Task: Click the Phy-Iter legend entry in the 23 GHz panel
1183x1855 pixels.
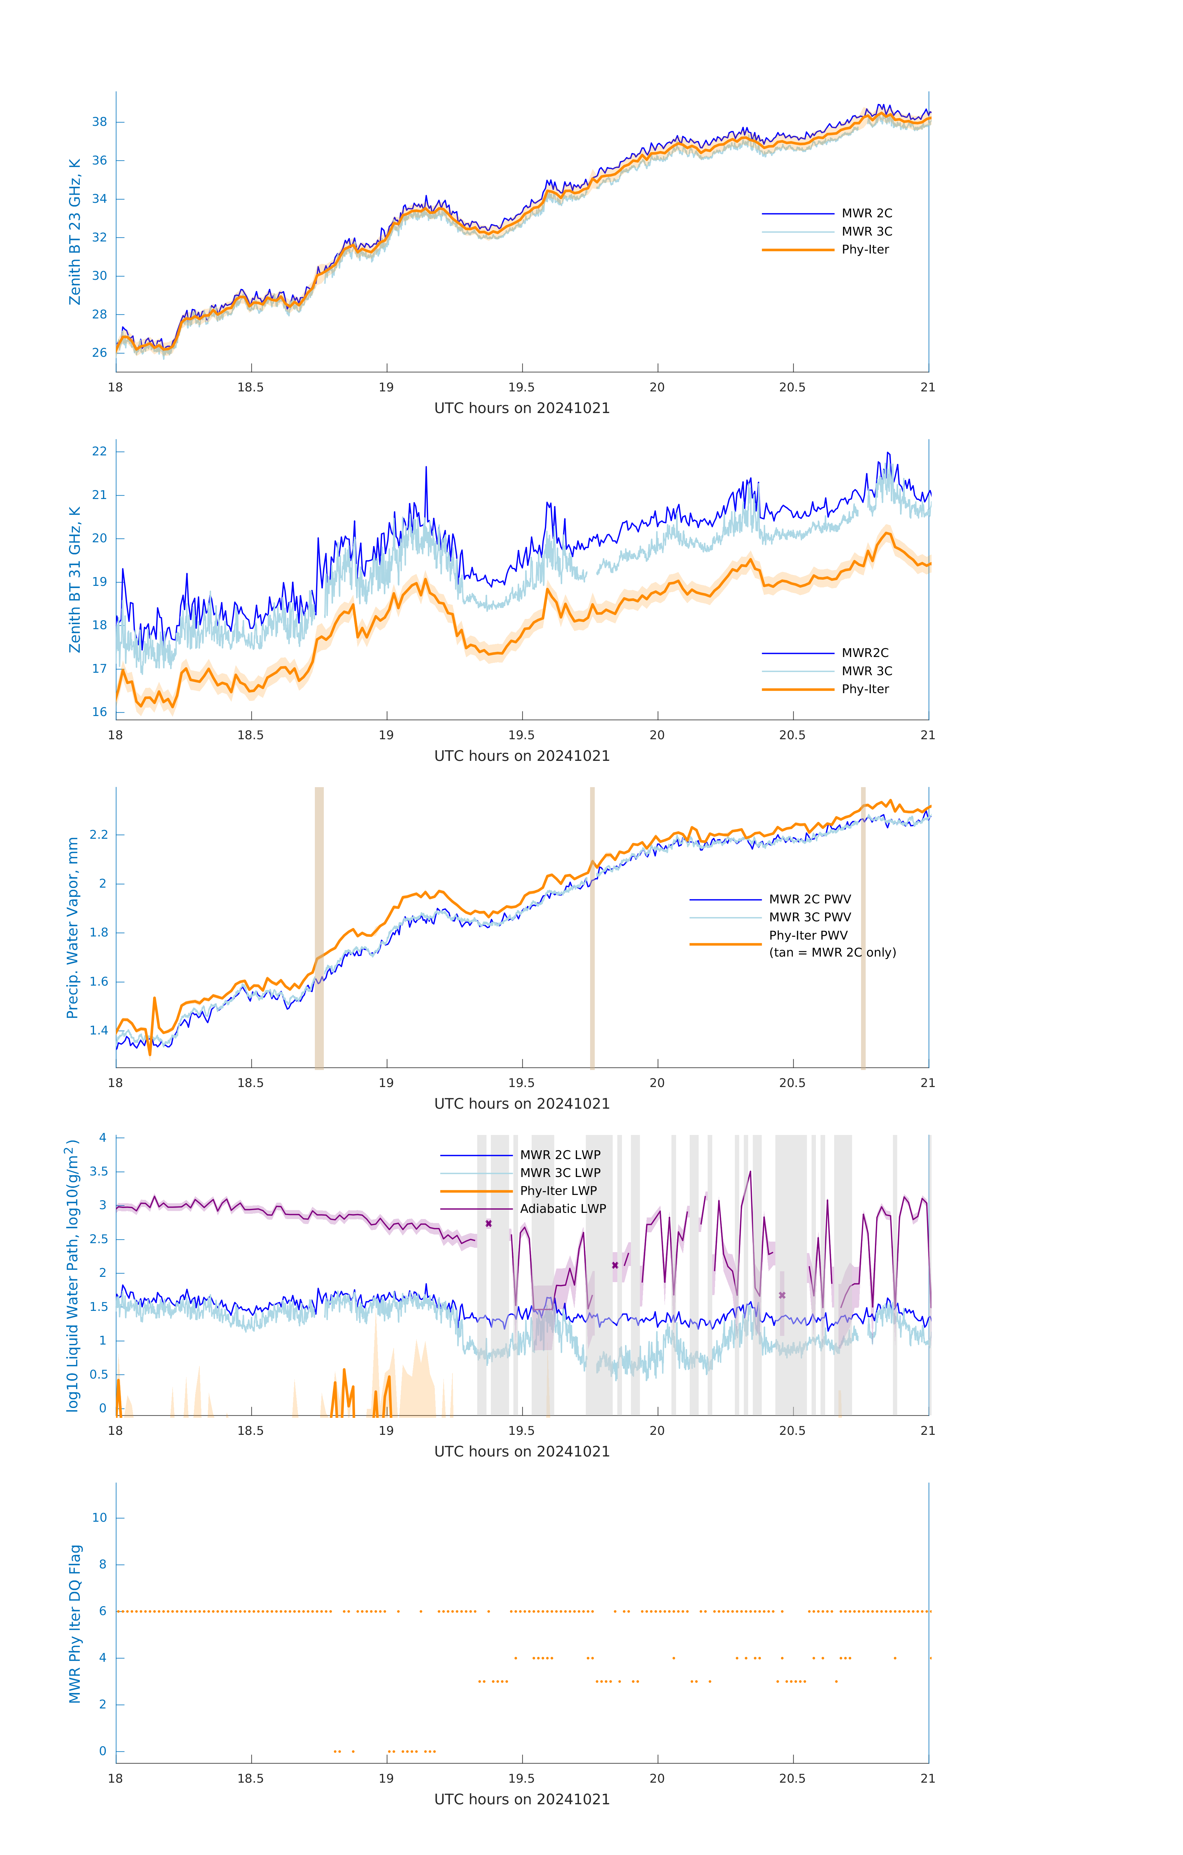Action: coord(865,249)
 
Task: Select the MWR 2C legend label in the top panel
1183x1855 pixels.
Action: coord(866,213)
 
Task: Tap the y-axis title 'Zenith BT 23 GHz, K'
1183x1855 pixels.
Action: coord(75,232)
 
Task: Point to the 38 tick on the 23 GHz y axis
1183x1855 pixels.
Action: coord(99,122)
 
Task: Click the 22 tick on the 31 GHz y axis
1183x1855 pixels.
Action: coord(99,451)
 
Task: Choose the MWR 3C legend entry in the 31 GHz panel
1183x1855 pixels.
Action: coord(866,671)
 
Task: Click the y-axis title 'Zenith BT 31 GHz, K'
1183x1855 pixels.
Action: coord(75,579)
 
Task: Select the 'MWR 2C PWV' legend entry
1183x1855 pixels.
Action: coord(809,899)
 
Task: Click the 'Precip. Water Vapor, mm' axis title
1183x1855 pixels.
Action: coord(72,927)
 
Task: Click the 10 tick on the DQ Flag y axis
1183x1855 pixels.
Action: coord(99,1518)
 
